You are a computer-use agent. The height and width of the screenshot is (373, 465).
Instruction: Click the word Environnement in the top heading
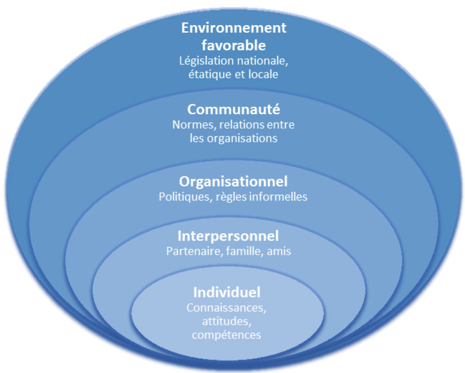pos(233,28)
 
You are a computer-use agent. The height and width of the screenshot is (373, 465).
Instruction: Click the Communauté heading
pos(233,109)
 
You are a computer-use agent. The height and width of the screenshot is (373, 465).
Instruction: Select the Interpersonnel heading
pos(228,235)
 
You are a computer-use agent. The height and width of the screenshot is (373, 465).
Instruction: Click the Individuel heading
pos(227,293)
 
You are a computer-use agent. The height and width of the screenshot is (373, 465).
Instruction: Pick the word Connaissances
pos(226,308)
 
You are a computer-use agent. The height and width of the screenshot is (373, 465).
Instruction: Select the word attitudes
pos(226,322)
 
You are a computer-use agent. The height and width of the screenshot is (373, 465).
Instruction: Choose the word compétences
pos(226,335)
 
